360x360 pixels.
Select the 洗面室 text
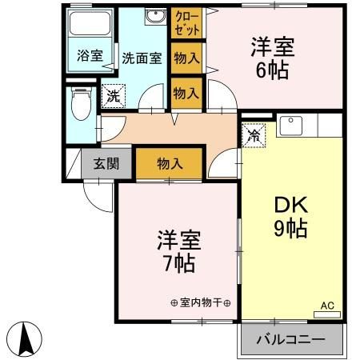(142, 58)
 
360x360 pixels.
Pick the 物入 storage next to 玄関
(169, 163)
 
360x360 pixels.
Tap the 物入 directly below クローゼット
(186, 59)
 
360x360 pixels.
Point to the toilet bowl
(79, 103)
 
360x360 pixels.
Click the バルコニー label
(290, 340)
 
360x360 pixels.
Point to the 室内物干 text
(200, 302)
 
